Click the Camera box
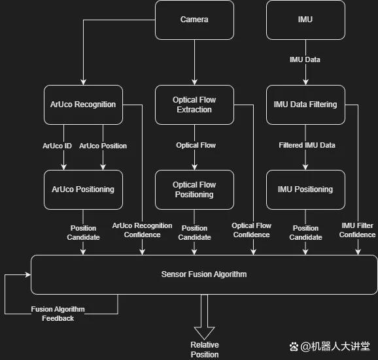coord(194,20)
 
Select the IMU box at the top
coord(305,20)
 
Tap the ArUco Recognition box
coord(83,105)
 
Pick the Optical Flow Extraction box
coord(194,105)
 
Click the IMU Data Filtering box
coord(305,105)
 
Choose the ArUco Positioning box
coord(83,189)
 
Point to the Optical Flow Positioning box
coord(194,189)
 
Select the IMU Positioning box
coord(305,189)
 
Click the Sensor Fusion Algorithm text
coord(204,274)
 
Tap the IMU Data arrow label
coord(305,59)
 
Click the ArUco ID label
coord(57,146)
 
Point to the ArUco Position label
coord(103,146)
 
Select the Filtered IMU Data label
coord(307,145)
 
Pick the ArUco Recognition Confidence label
coord(142,230)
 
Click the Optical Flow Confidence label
coord(251,230)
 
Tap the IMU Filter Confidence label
coord(357,230)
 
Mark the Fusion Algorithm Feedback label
coord(58,314)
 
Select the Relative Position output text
coord(205,350)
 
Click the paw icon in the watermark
coord(294,347)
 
